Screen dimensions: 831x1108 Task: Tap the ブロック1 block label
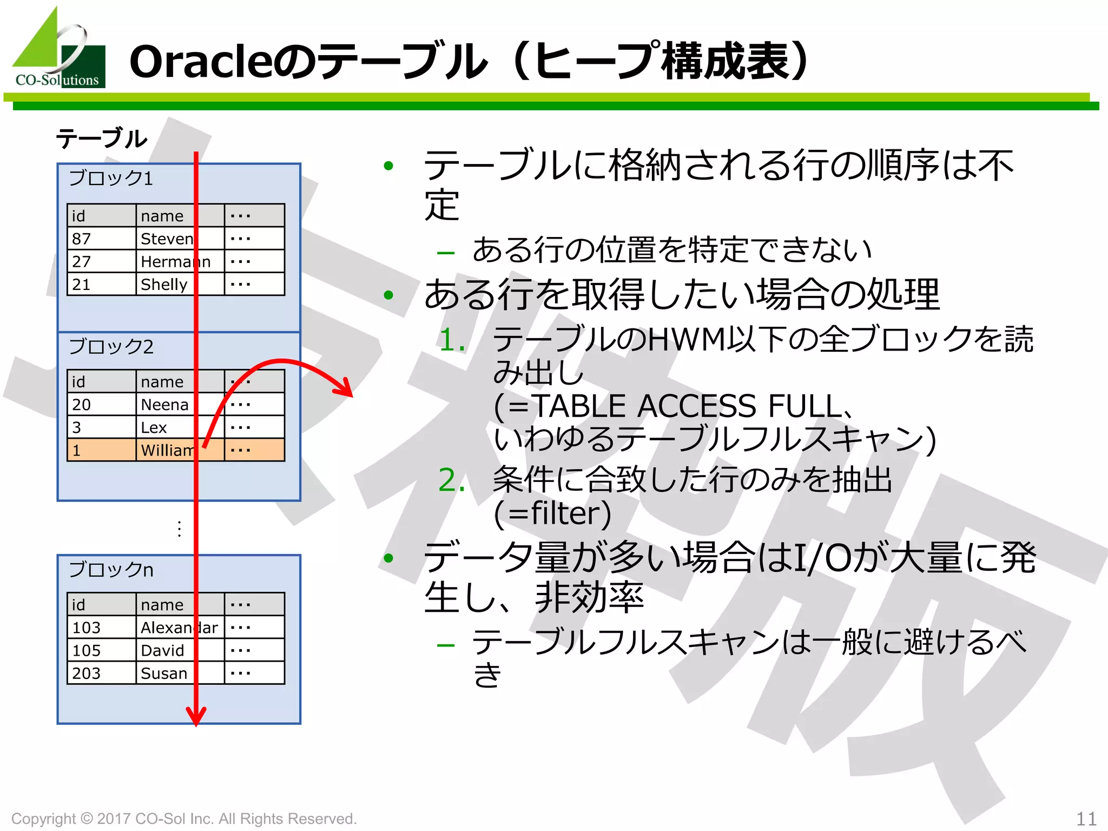[x=111, y=179]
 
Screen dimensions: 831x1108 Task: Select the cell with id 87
[x=101, y=239]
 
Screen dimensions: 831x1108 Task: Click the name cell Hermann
[x=179, y=262]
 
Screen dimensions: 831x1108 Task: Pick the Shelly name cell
[x=179, y=285]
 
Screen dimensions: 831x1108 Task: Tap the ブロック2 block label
[x=111, y=347]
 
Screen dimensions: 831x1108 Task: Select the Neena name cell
[x=179, y=405]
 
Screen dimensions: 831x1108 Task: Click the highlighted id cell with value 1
[x=101, y=450]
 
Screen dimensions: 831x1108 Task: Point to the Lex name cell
[x=179, y=427]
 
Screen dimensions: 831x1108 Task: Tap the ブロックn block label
[x=111, y=570]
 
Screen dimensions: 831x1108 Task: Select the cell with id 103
[x=101, y=628]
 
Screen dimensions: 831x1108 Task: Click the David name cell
[x=179, y=650]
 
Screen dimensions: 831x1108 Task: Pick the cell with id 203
[x=101, y=674]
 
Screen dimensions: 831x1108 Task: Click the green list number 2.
[x=452, y=480]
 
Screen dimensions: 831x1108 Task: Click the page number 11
[x=1086, y=818]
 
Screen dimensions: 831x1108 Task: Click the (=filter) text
[x=552, y=513]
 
